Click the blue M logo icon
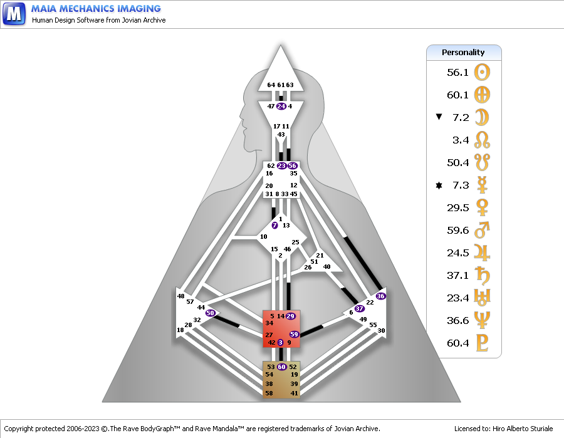click(x=14, y=13)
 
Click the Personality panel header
click(x=463, y=52)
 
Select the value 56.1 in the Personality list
click(x=457, y=72)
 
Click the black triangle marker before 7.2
click(x=439, y=117)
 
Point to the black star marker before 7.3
click(x=439, y=185)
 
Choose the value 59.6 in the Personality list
click(x=457, y=231)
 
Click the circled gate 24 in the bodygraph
click(x=281, y=106)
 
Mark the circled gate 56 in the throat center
click(x=292, y=165)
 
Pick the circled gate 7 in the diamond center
click(x=274, y=225)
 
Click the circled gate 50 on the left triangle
click(x=211, y=312)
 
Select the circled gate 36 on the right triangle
click(x=380, y=295)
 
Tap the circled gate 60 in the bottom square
click(x=282, y=367)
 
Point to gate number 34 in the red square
click(x=269, y=323)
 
